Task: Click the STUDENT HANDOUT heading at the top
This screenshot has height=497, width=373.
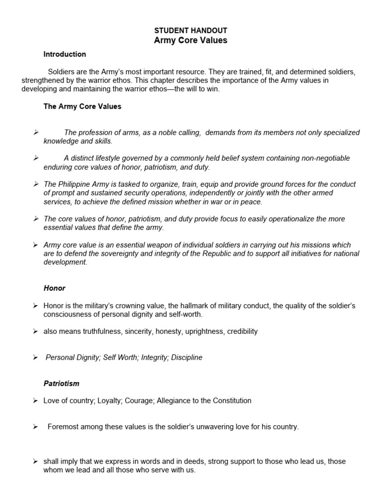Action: point(190,31)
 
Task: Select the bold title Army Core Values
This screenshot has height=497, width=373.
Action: point(190,40)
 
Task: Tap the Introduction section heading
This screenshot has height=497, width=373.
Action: point(65,54)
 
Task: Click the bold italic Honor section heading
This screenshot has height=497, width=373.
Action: point(54,288)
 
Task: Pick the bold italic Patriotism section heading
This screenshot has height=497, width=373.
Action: point(61,383)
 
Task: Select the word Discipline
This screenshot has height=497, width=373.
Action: point(186,357)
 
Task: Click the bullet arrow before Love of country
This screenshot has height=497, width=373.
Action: point(35,401)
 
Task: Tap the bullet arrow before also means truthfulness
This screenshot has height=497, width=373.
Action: point(35,331)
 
